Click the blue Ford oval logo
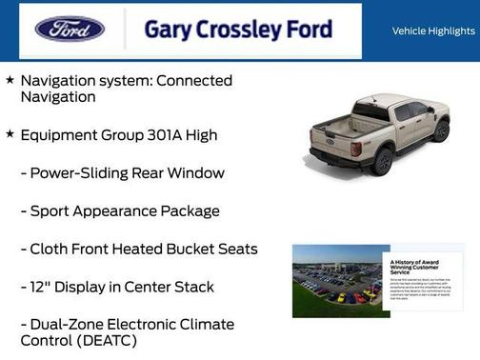(x=70, y=29)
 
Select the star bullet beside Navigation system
(x=10, y=81)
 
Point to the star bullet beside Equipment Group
(x=10, y=134)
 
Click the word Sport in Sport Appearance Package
(x=51, y=211)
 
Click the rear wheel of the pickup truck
(x=382, y=161)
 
